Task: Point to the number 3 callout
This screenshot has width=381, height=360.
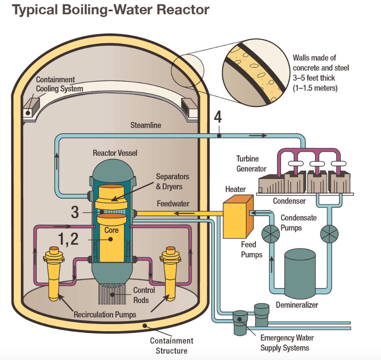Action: [x=75, y=212]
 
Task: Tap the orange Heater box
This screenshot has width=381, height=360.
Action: [x=238, y=217]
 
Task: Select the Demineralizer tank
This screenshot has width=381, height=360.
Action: [x=300, y=274]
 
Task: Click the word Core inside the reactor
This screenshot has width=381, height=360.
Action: [x=112, y=230]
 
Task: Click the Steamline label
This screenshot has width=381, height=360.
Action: [x=146, y=125]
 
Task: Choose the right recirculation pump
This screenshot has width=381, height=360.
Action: [x=170, y=274]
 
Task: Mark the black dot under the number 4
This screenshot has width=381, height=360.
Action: [x=219, y=136]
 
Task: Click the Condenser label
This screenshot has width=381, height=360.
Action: [x=289, y=201]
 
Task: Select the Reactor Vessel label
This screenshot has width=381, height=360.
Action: [x=115, y=153]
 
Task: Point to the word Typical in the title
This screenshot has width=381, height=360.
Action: [x=35, y=10]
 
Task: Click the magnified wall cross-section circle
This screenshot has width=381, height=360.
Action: [x=256, y=73]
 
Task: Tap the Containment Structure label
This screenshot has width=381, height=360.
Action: [x=172, y=346]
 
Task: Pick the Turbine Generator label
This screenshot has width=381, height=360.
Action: [x=251, y=163]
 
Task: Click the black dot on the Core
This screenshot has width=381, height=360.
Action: [x=111, y=239]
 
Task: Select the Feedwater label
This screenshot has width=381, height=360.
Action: [x=173, y=203]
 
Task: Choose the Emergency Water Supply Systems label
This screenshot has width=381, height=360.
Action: [x=287, y=343]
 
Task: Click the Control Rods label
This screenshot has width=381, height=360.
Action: [x=144, y=295]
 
